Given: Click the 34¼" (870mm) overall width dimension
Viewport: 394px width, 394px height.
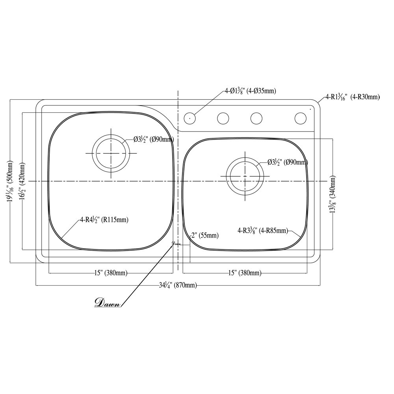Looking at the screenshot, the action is (x=178, y=285).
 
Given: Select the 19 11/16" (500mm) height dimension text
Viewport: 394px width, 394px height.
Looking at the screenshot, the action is (x=10, y=181).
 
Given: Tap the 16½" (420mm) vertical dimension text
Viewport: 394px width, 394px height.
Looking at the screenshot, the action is (x=22, y=181).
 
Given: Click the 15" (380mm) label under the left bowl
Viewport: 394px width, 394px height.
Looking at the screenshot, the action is (x=111, y=273).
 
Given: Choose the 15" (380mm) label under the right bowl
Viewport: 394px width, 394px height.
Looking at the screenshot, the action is (x=245, y=273).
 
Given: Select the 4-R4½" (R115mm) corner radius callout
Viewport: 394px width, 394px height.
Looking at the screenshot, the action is (x=104, y=219).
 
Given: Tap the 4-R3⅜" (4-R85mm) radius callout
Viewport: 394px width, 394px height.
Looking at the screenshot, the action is (x=262, y=230).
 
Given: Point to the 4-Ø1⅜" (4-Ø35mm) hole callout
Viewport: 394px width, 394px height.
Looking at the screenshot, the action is (x=250, y=91).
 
